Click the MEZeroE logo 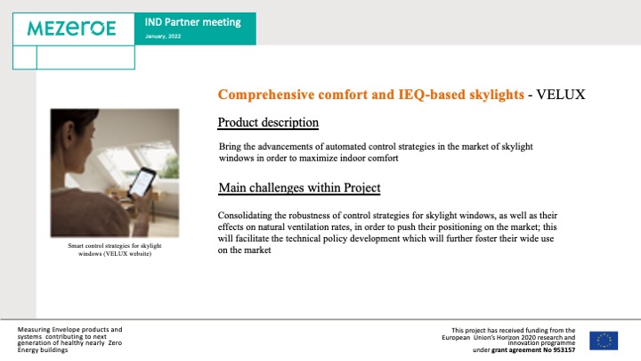(x=71, y=29)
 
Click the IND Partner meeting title (x=192, y=22)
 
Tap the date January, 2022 (x=163, y=37)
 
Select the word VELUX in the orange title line (x=561, y=94)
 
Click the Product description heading (x=268, y=122)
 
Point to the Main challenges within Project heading (x=299, y=187)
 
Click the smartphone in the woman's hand (x=142, y=183)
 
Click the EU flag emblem (x=604, y=340)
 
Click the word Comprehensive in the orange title (x=266, y=95)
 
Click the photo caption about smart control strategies (x=115, y=250)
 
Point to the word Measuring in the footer (x=34, y=330)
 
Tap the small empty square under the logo (x=25, y=57)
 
